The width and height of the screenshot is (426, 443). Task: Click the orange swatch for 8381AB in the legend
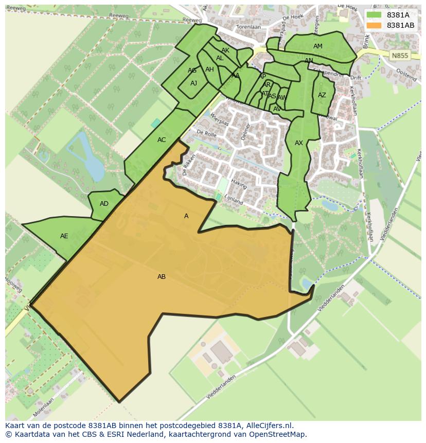pos(374,25)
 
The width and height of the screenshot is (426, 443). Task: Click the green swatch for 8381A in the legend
pos(374,15)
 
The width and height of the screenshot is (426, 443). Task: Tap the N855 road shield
pos(399,56)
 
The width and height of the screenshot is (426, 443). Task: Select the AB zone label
pos(162,277)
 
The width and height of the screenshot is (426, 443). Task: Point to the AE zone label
pos(64,236)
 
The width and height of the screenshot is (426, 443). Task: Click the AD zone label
pos(104,204)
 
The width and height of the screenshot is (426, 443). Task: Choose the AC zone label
pos(162,140)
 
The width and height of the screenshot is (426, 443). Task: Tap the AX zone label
pos(299,143)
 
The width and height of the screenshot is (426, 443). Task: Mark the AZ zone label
pos(322,95)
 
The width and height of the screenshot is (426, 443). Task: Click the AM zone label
pos(318,46)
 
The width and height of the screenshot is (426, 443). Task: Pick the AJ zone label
pos(193,83)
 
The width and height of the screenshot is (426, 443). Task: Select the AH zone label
pos(209,69)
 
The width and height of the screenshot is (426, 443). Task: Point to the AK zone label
pos(225,50)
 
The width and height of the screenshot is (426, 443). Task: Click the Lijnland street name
pos(233,199)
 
